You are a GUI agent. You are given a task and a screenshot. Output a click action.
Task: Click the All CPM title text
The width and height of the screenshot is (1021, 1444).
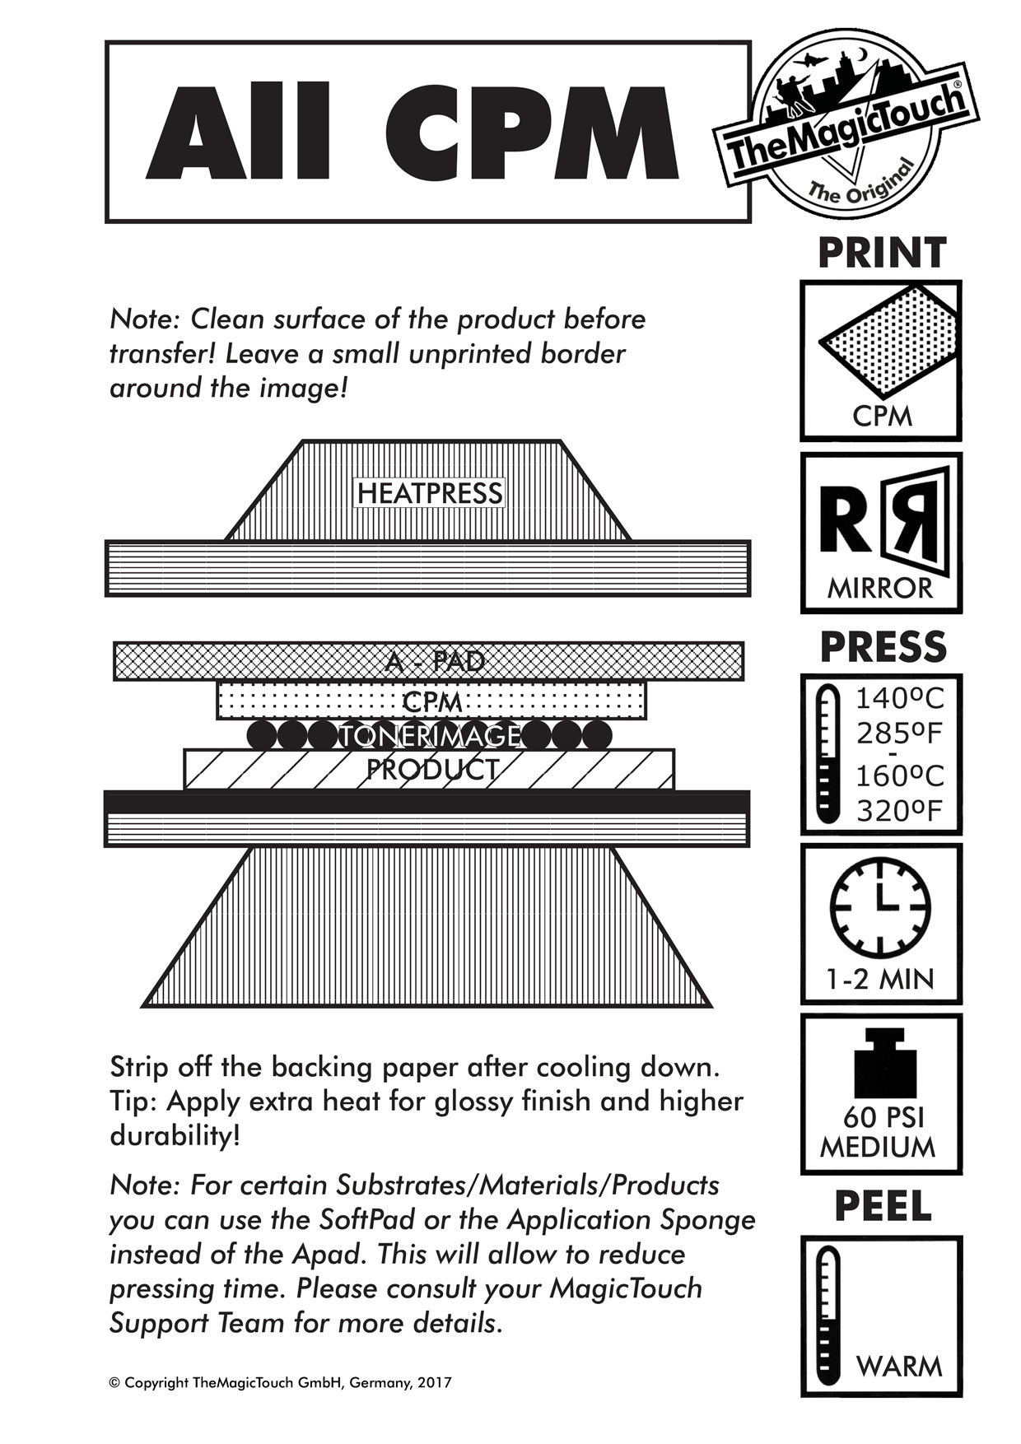(412, 132)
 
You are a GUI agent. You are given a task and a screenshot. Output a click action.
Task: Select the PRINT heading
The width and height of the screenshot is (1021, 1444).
(882, 253)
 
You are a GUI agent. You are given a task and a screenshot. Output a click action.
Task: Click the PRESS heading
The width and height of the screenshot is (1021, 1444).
(883, 647)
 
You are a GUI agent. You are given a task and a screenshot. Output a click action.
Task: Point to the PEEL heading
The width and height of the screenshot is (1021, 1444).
(883, 1207)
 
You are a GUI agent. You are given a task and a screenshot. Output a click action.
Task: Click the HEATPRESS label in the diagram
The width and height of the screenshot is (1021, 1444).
(430, 493)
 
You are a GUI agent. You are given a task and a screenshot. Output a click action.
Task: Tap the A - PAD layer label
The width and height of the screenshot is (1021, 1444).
(434, 661)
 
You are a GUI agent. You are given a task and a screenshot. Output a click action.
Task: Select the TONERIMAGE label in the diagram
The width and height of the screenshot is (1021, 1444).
(431, 734)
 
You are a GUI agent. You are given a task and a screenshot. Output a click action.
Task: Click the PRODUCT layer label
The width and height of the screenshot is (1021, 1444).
(431, 770)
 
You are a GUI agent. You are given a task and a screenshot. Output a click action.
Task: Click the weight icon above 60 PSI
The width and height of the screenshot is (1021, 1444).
(885, 1066)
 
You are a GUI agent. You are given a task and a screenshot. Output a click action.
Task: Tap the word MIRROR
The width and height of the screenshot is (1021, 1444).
(880, 589)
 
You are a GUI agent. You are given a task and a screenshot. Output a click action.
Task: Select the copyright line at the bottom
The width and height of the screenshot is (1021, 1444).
(280, 1383)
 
